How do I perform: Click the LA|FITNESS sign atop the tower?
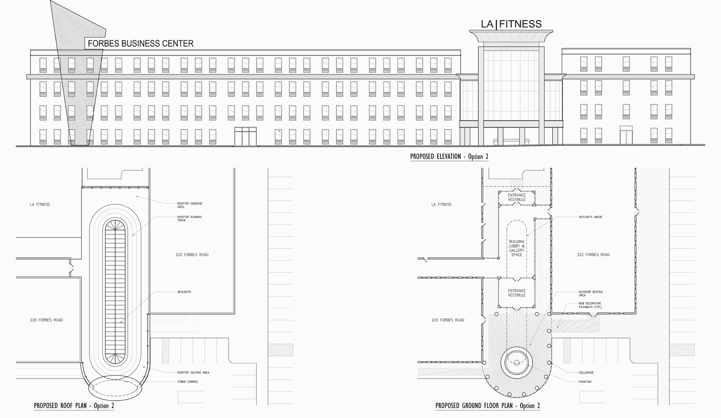tap(511, 24)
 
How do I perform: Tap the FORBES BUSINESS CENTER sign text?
tap(140, 44)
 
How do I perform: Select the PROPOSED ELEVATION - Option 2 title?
tap(449, 156)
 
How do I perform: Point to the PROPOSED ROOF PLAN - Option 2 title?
tap(74, 406)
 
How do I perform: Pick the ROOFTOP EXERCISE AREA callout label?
tap(190, 205)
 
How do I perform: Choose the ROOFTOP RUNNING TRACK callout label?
tap(189, 219)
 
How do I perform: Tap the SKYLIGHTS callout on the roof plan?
tap(184, 292)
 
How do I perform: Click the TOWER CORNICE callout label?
tap(188, 382)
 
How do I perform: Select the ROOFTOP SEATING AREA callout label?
tap(193, 373)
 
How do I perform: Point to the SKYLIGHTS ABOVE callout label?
tap(590, 217)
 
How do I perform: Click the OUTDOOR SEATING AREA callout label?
tap(591, 293)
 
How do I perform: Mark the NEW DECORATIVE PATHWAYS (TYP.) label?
tap(590, 305)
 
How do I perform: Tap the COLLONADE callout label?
tap(586, 373)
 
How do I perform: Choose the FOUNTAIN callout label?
tap(585, 382)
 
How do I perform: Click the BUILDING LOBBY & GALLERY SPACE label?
tap(517, 248)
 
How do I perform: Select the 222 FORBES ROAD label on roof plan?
tap(192, 255)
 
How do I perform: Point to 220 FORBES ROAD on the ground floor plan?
tap(448, 320)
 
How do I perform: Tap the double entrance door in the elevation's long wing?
tap(245, 136)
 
